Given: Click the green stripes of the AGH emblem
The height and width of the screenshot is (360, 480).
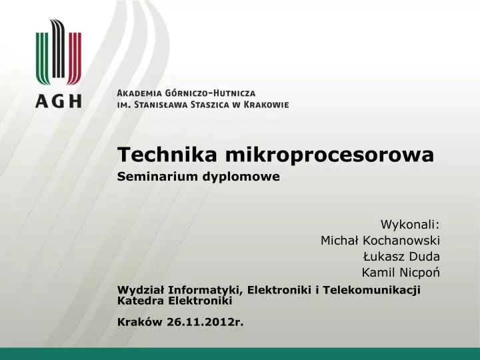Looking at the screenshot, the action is point(43,58).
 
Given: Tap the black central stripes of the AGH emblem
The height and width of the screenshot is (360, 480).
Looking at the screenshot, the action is point(58,49).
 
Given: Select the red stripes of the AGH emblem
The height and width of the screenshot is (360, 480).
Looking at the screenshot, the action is point(75,58).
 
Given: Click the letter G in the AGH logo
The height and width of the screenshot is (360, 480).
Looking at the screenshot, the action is point(58,101).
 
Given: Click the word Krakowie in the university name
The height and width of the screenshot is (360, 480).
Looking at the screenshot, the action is point(266,105).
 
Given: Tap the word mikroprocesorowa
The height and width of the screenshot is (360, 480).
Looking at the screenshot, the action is point(330,155).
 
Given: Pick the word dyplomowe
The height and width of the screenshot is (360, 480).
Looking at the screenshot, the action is point(241,177).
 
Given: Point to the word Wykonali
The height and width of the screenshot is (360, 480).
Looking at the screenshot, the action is point(410,225).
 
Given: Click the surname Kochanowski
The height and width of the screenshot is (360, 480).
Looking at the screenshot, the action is point(401,241).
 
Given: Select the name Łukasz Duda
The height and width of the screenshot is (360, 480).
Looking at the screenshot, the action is point(401,257).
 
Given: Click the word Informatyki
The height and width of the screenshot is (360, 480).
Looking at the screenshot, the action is point(205,290).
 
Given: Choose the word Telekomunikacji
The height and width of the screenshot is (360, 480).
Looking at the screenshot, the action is point(371,290).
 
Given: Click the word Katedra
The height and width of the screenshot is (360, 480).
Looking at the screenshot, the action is point(141,301).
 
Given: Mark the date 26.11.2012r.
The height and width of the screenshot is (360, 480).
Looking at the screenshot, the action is point(205,322).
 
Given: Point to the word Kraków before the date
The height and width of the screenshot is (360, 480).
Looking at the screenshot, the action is point(140,322).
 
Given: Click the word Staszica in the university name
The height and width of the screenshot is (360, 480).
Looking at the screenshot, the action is point(209,105).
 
